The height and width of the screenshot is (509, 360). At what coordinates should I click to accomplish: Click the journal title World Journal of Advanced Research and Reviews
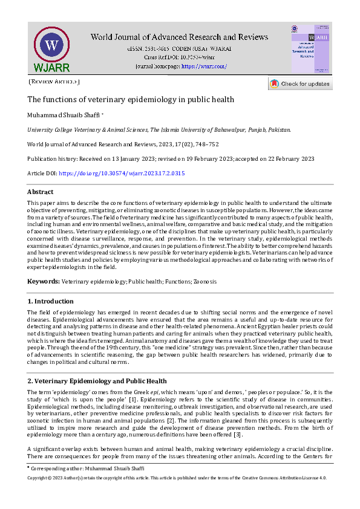click(179, 37)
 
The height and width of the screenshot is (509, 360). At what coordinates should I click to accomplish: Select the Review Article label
click(54, 82)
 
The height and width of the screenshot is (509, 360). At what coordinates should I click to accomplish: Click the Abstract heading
click(41, 192)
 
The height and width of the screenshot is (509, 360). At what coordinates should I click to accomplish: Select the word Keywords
click(44, 282)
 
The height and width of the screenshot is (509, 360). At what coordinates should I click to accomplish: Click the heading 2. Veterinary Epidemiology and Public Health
click(97, 381)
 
